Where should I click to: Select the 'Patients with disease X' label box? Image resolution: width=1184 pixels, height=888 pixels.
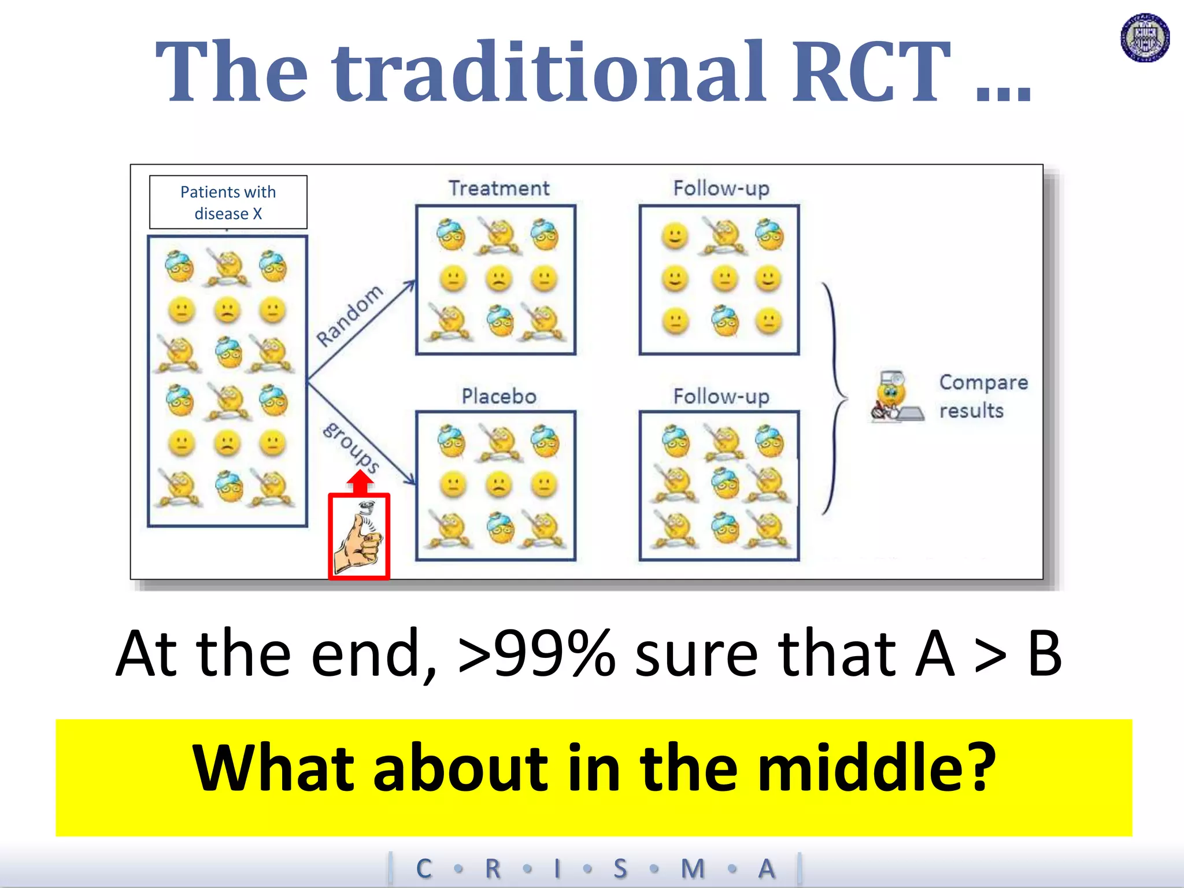228,202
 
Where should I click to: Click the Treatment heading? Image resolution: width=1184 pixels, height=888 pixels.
499,188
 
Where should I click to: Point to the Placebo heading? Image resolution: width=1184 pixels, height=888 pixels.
499,397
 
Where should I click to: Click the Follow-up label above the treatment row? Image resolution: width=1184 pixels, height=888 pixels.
721,188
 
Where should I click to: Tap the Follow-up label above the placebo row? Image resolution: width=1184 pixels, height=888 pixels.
721,397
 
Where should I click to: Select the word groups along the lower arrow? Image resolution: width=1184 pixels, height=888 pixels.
351,447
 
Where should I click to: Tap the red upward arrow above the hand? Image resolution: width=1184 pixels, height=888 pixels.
360,482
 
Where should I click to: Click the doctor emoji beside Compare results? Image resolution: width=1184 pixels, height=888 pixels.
894,397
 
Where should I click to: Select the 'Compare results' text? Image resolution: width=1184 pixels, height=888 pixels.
983,397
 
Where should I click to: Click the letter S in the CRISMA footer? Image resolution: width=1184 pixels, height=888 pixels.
620,868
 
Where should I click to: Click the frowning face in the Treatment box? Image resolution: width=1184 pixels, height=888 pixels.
498,279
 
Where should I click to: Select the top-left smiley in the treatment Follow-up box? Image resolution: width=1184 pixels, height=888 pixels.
675,235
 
